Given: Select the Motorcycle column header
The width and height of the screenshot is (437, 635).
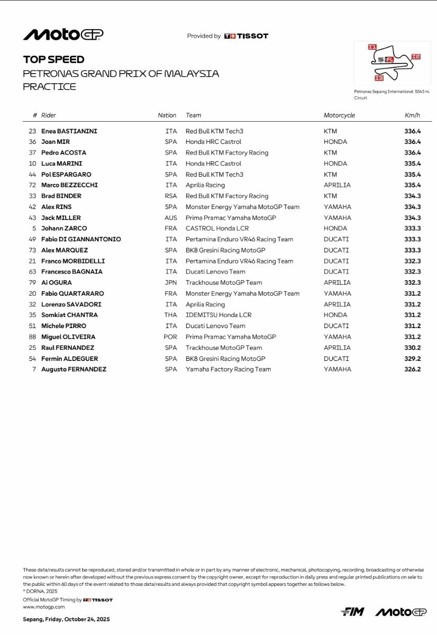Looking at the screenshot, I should coord(339,115).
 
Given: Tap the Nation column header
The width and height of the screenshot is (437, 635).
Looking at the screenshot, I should coord(167,115).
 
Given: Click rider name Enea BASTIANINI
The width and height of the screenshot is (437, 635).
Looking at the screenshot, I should coord(69,131).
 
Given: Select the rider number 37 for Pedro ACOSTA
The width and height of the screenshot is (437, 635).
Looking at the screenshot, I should coord(32,153).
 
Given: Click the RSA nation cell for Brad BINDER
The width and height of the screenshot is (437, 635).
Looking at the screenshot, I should coord(171,196).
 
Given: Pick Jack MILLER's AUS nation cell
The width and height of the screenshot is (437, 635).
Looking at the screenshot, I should coord(171,218).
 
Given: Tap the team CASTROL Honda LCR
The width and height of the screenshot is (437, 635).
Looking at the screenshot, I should coord(213,229).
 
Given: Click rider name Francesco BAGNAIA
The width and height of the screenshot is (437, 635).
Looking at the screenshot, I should coord(72,272).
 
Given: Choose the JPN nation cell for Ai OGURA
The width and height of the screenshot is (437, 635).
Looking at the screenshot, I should coord(171,283).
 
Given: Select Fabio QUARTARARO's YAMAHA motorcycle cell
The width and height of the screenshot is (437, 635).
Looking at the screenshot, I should coord(337,294).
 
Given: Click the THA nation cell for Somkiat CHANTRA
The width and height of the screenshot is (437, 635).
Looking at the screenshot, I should coord(171,315).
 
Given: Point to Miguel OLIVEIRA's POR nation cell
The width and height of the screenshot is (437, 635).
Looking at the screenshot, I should coord(171,337).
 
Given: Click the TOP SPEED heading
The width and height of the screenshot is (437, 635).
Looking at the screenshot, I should coord(53,60).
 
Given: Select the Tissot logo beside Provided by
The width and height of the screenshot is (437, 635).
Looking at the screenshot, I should coord(246,36).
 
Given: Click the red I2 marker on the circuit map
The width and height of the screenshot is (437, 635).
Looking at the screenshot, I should coord(416,57).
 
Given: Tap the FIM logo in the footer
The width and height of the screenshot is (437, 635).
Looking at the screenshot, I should coord(352,612).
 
